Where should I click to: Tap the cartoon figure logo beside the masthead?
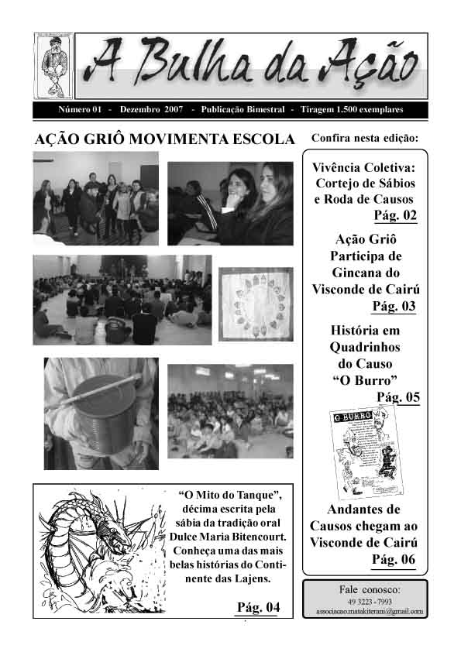pos(53,66)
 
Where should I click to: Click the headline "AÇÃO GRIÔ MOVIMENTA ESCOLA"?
pos(165,139)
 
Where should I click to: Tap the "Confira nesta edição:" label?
pos(364,139)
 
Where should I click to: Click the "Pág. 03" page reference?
pos(394,306)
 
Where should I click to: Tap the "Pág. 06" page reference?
pos(394,559)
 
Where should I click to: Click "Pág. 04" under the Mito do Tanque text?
pos(258,606)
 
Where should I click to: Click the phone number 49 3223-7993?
pos(363,601)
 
